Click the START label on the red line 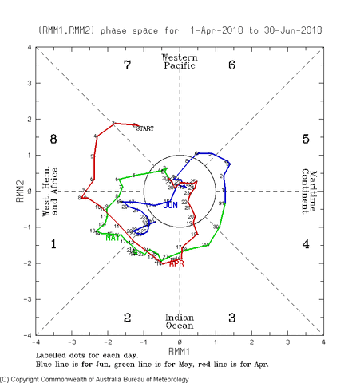pyautogui.click(x=144, y=128)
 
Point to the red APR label pyautogui.click(x=177, y=263)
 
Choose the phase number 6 pyautogui.click(x=231, y=65)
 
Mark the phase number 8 pyautogui.click(x=53, y=139)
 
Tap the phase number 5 pyautogui.click(x=306, y=139)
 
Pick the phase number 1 pyautogui.click(x=53, y=244)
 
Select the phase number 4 pyautogui.click(x=306, y=244)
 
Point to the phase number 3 pyautogui.click(x=231, y=318)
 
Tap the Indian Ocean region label pyautogui.click(x=180, y=322)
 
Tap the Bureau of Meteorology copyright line pyautogui.click(x=96, y=378)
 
